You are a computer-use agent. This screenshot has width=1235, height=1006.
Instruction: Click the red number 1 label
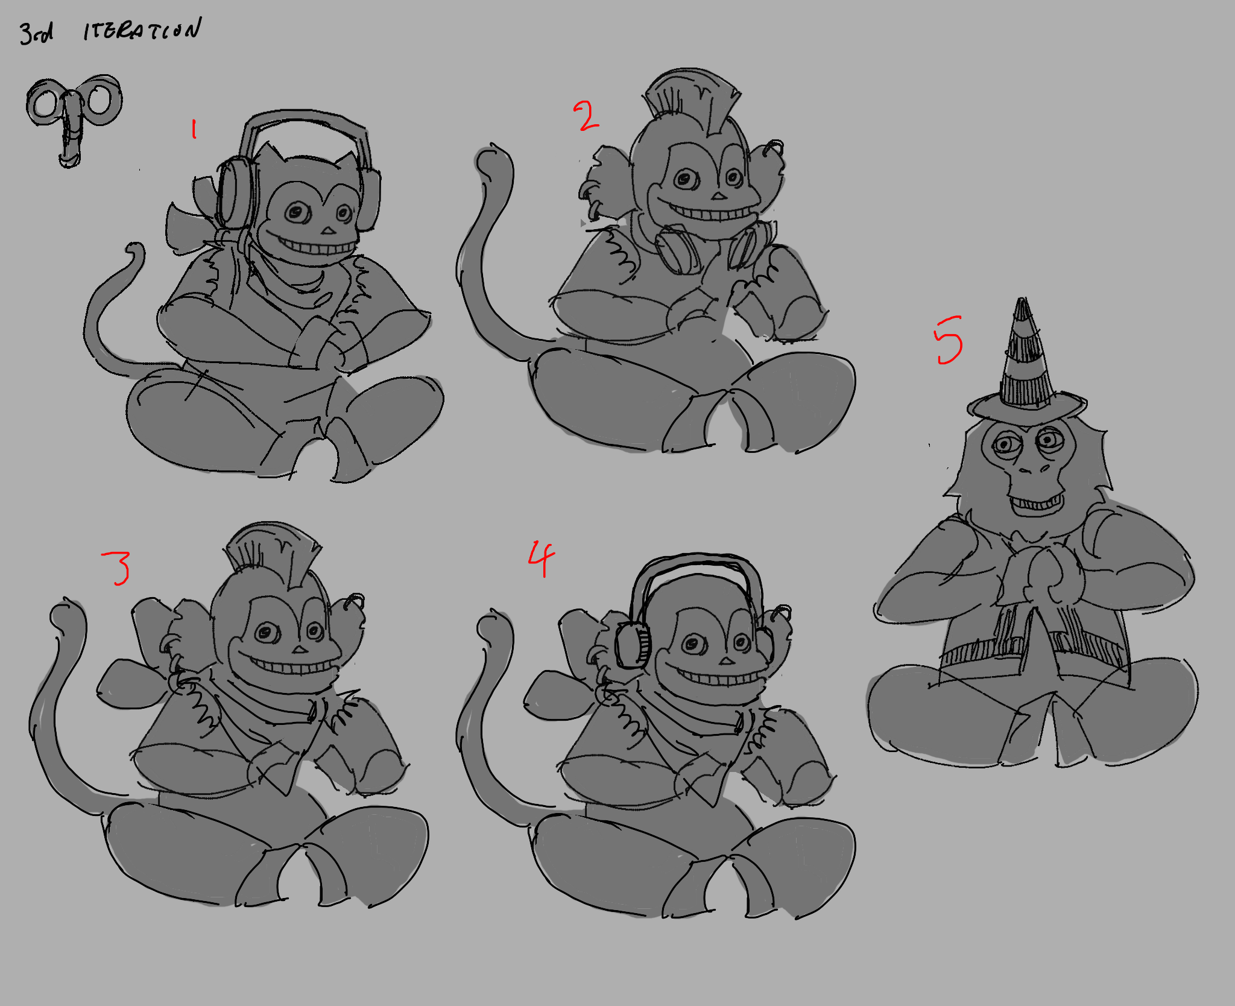point(194,129)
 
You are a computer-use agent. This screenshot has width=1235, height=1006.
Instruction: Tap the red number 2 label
point(586,116)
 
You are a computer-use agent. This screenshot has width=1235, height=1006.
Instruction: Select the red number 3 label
point(116,568)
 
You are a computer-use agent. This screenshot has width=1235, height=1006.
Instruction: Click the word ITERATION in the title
point(142,30)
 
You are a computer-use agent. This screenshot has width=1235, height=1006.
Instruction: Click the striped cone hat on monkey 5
point(1025,362)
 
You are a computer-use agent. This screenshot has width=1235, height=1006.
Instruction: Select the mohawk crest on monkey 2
point(692,100)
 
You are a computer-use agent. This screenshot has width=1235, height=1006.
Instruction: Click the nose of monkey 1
point(327,230)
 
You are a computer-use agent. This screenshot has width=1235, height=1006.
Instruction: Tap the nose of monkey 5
point(1036,467)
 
